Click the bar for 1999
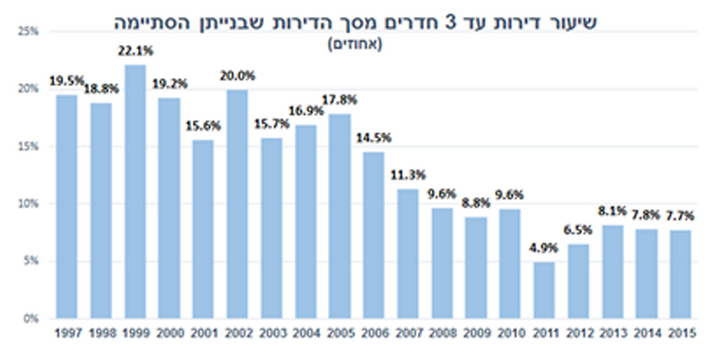point(135,191)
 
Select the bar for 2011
point(544,290)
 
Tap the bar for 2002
point(237,204)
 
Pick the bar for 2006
point(374,235)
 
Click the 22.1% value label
point(135,52)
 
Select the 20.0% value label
point(237,75)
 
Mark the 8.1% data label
point(612,211)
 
